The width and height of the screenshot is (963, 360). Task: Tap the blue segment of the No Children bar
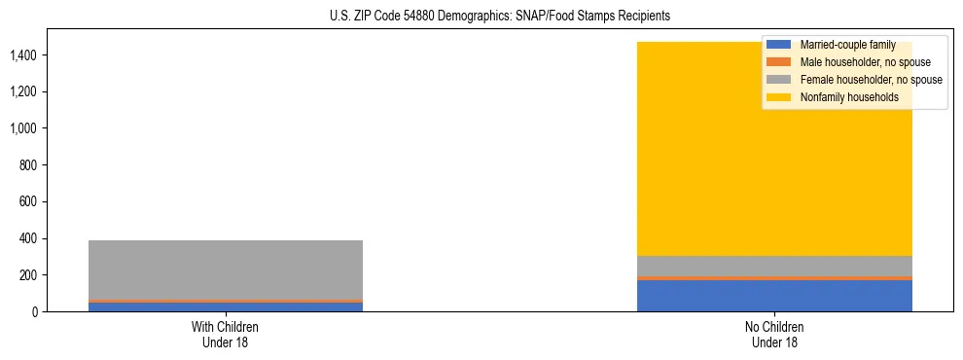pyautogui.click(x=774, y=296)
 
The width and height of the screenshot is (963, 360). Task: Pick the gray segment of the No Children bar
pyautogui.click(x=774, y=266)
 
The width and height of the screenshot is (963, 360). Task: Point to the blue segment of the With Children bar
pyautogui.click(x=226, y=307)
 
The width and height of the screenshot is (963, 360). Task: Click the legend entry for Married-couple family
pyautogui.click(x=847, y=45)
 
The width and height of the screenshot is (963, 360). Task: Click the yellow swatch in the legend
pyautogui.click(x=779, y=97)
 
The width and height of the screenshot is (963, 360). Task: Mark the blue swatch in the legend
pyautogui.click(x=779, y=45)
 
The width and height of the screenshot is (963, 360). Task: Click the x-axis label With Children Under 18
pyautogui.click(x=226, y=334)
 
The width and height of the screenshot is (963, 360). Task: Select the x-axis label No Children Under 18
pyautogui.click(x=774, y=334)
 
